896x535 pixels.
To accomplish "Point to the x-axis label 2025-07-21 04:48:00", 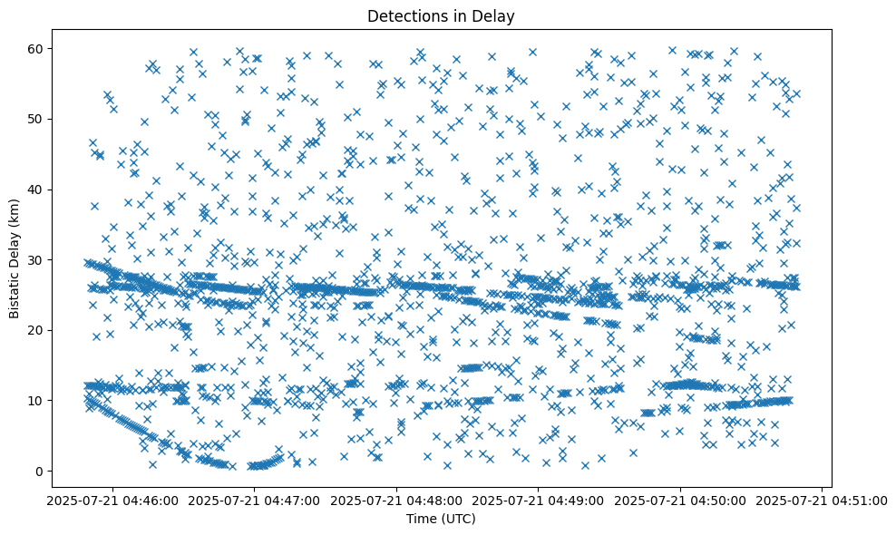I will click(x=396, y=500).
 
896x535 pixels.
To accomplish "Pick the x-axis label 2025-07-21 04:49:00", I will click(x=539, y=500).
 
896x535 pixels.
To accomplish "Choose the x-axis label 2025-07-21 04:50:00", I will click(x=680, y=500).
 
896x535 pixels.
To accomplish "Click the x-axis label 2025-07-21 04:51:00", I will click(x=822, y=500).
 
